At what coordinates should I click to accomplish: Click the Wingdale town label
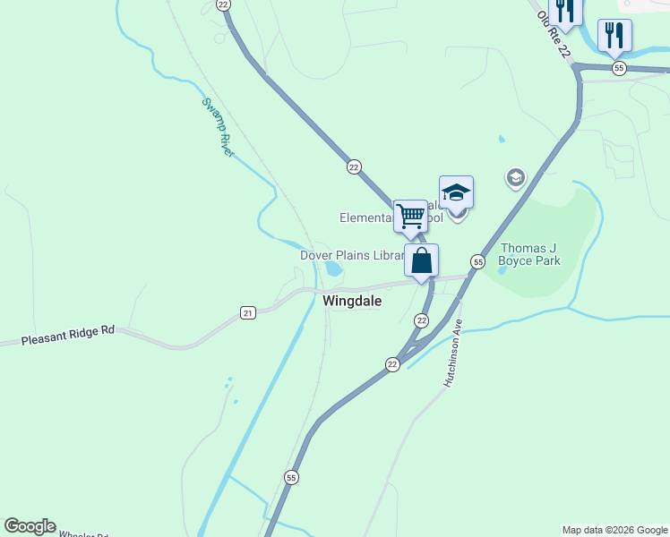click(x=352, y=302)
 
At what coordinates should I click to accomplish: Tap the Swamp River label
click(x=218, y=127)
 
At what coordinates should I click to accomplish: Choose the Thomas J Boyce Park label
click(x=530, y=254)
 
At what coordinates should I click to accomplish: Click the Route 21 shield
click(x=248, y=312)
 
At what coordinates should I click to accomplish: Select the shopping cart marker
click(x=410, y=215)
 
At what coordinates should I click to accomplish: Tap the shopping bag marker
click(x=422, y=261)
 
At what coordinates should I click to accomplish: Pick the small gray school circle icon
click(x=515, y=178)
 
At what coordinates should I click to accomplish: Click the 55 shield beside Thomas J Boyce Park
click(x=477, y=261)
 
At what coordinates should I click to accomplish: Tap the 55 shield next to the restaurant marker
click(x=618, y=68)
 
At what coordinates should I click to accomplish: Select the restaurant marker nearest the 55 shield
click(x=614, y=36)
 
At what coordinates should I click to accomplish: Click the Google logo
click(x=30, y=526)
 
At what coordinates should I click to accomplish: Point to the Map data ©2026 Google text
click(x=614, y=530)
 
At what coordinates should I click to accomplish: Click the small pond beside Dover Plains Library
click(x=333, y=268)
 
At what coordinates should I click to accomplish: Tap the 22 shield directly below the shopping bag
click(x=422, y=320)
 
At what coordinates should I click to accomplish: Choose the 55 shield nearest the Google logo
click(x=291, y=478)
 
